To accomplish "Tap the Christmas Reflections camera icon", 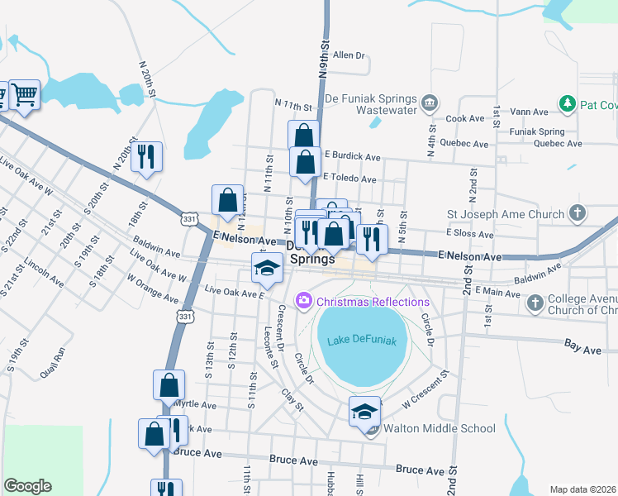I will point(304,302).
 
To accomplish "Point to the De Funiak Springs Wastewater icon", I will point(429,103).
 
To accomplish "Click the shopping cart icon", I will point(24,95).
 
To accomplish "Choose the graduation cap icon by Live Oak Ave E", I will point(267,267).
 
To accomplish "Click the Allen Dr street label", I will point(349,56).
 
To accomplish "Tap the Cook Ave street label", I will point(464,119).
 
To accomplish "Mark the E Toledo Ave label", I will point(350,179).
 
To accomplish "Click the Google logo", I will point(27,486).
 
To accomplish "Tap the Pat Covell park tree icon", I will point(567,104).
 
